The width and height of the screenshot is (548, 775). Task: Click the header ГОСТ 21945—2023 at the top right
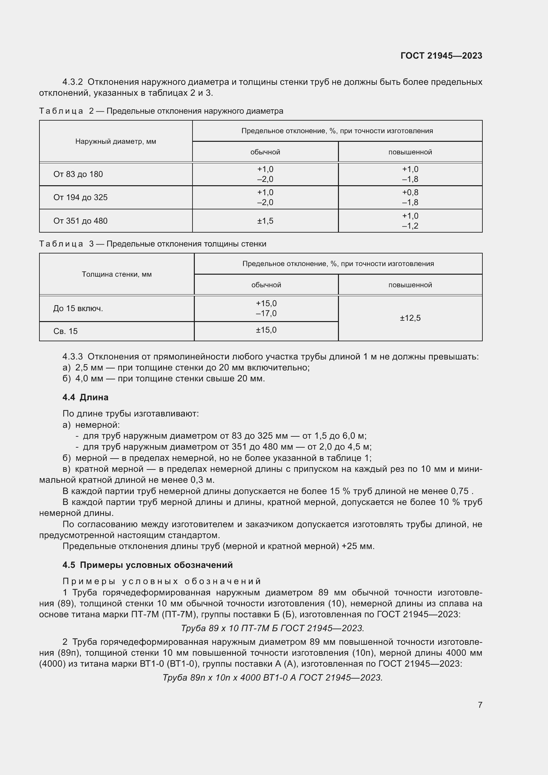coord(441,56)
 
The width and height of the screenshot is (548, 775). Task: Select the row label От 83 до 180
coord(78,174)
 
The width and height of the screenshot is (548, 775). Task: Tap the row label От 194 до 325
coord(80,197)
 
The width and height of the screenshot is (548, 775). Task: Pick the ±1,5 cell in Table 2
coord(265,221)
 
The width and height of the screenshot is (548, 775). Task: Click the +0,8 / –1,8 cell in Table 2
coord(410,197)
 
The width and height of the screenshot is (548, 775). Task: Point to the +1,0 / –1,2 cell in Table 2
coord(410,221)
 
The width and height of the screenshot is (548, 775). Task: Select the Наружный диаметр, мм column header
coord(115,141)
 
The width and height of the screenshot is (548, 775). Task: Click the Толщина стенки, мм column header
coord(116,274)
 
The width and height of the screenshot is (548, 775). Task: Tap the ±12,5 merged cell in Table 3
coord(410,318)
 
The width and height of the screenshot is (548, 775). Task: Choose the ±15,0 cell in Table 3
coord(266,330)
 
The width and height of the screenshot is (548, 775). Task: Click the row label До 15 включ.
coord(78,308)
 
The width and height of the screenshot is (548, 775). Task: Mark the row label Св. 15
coord(66,331)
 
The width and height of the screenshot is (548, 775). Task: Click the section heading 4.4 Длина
coord(85,397)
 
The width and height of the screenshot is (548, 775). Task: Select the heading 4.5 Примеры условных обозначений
coord(147,565)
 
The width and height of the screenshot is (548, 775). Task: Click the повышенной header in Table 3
coord(410,285)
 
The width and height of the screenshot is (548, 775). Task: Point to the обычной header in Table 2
coord(265,152)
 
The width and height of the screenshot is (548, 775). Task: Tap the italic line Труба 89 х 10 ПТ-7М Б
coord(272,628)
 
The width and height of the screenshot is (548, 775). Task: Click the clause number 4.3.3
coord(72,357)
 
